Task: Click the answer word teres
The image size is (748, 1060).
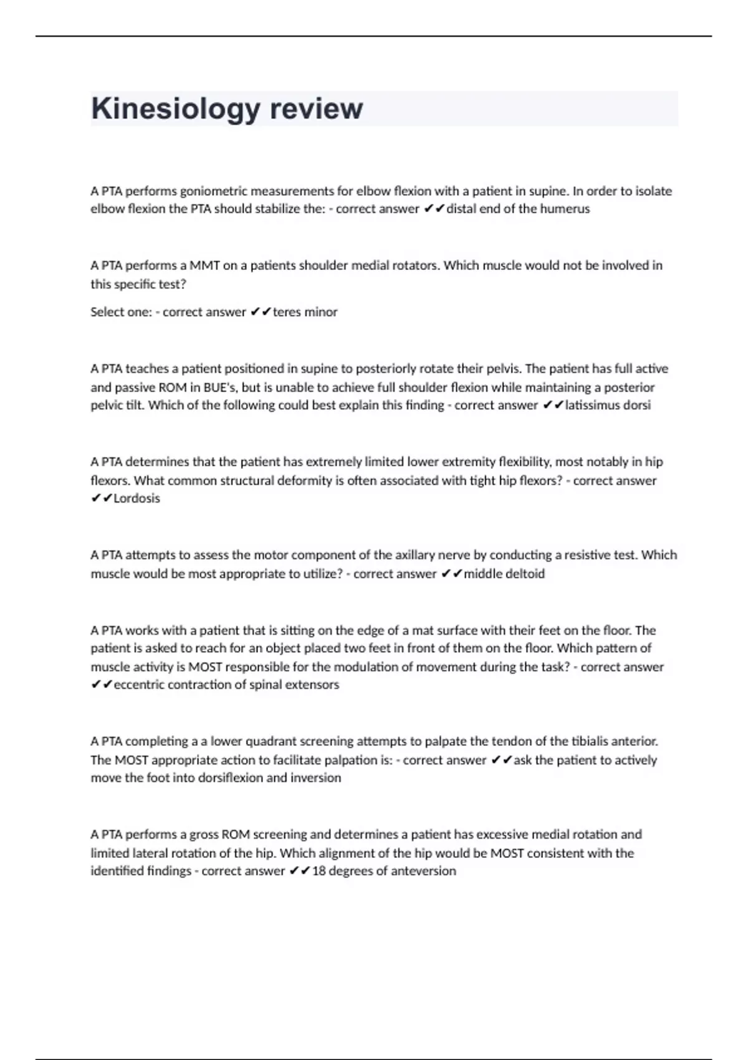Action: [x=286, y=312]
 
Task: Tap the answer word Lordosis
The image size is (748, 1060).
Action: [x=137, y=498]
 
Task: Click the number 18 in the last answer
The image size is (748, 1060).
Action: [x=319, y=871]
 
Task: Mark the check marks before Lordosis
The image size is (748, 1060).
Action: [x=102, y=498]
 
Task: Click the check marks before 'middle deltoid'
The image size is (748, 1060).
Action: [x=451, y=574]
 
